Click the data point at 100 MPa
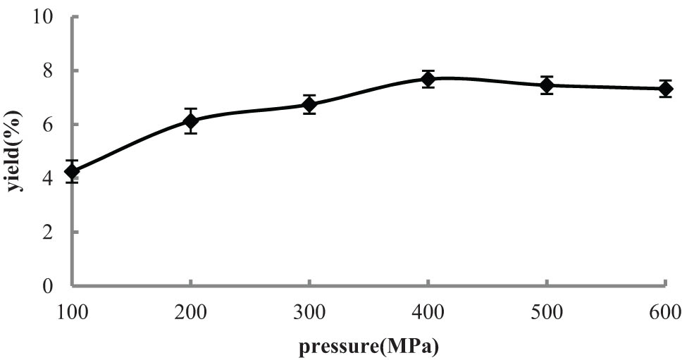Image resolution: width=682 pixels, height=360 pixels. coord(72,171)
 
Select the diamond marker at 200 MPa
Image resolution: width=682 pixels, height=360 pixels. coord(190,121)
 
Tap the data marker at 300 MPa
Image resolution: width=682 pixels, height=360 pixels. coord(309,104)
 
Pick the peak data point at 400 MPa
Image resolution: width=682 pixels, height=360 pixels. coord(428,79)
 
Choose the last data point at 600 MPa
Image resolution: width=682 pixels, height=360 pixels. coord(664,89)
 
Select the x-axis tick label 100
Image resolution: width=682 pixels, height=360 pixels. coord(72,311)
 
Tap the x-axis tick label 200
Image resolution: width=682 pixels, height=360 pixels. coord(190,311)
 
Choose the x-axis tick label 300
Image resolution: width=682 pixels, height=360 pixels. coord(309,311)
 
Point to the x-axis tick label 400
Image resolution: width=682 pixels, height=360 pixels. coord(428,311)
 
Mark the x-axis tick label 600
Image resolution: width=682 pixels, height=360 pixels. coord(664,311)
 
